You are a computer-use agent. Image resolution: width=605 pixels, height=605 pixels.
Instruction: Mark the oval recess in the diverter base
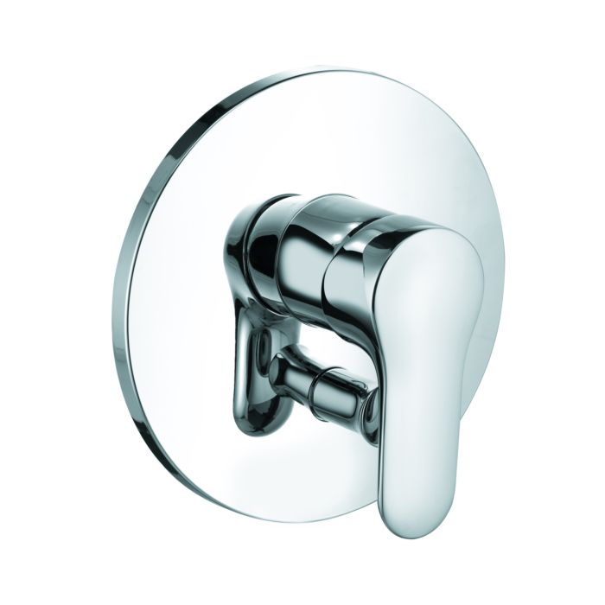tap(258, 363)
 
